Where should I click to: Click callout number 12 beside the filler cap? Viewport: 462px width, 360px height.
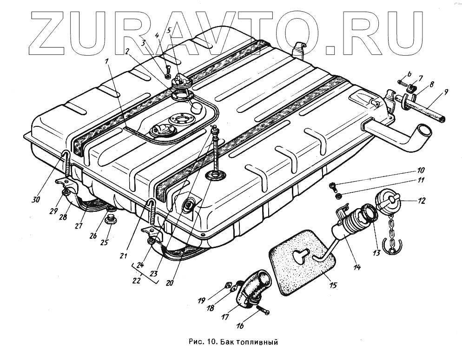pos(421,201)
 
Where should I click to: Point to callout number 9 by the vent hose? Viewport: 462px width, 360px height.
pos(446,92)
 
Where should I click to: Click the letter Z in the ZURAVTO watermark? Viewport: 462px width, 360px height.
pos(51,31)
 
